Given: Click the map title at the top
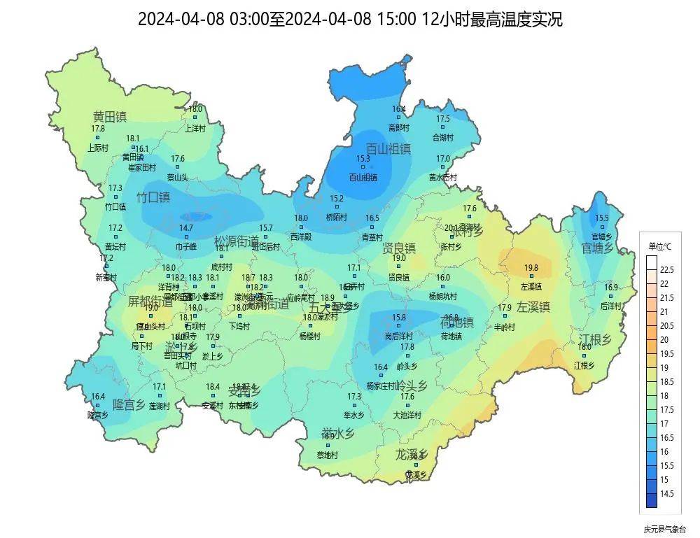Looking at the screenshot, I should coord(350,19).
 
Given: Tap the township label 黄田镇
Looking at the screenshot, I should coord(110,116).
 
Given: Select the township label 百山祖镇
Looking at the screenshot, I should coord(388,148).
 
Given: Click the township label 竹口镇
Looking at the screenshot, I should coord(153,197).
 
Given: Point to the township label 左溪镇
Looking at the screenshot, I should coord(533,306).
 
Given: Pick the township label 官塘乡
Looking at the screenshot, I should coord(598,248).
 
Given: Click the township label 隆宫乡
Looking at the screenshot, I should coord(129,404).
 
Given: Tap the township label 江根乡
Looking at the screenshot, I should coord(595,340).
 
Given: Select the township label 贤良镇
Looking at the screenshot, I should coord(399,248).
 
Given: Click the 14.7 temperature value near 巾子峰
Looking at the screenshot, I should coord(186,228).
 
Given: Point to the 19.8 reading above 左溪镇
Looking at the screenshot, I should coord(531,268).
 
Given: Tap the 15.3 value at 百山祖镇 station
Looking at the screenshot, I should coord(363,160).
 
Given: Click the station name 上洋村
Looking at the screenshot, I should coord(195,128).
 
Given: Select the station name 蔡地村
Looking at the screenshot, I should coord(327,455).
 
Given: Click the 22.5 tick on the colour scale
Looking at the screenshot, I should coord(666,270).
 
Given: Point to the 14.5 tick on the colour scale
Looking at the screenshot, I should coord(666,493).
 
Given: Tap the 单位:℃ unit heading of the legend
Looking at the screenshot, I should coord(659,246).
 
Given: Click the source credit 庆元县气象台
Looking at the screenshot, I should coord(665,529).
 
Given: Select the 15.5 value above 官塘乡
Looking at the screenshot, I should coord(602,218).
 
